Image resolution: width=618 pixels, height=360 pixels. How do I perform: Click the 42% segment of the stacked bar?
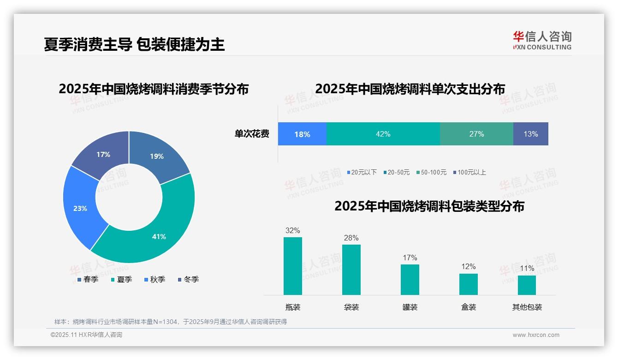383,134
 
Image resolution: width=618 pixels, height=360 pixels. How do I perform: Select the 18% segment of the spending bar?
302,134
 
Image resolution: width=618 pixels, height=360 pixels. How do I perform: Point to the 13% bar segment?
530,134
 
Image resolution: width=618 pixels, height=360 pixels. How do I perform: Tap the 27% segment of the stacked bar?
476,134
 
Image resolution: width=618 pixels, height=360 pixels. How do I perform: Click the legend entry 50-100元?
431,172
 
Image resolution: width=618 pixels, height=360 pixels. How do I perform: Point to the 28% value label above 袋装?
351,238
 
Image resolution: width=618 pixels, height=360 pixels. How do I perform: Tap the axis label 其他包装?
527,307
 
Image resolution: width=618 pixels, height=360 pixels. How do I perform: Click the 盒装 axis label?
468,307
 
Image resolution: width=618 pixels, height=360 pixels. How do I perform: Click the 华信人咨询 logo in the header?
542,41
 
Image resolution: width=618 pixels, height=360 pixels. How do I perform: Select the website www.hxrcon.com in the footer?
536,335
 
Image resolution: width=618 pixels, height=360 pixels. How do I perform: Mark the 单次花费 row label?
252,134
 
